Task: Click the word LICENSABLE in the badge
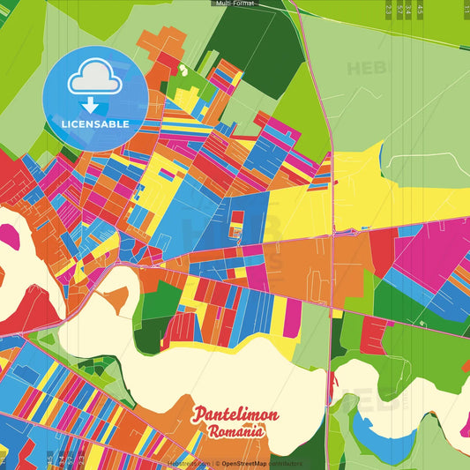[95, 124]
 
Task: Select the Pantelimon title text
[236, 414]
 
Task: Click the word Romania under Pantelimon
[236, 432]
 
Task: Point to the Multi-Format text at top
[235, 4]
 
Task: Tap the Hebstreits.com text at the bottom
[188, 463]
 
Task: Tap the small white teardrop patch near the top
[183, 69]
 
